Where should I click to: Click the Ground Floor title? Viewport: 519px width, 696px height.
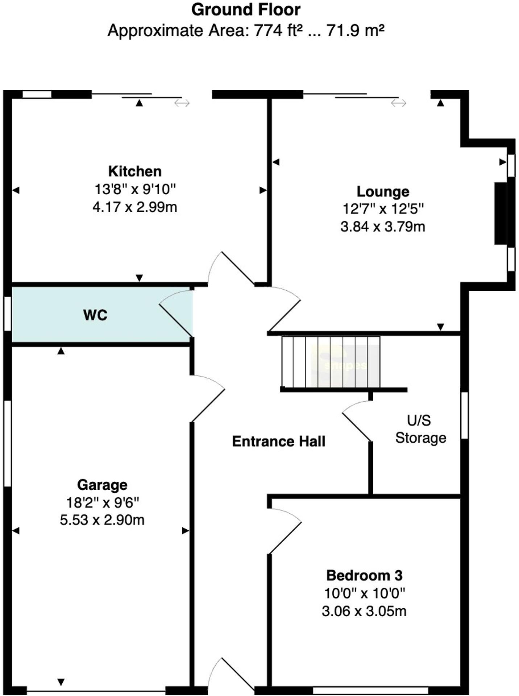click(x=246, y=10)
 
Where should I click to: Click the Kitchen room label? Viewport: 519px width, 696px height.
click(x=135, y=171)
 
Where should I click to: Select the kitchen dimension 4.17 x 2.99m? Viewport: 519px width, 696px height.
click(x=135, y=207)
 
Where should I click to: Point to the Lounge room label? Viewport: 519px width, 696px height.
click(x=383, y=191)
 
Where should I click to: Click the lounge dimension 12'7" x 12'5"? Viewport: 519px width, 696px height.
click(x=383, y=209)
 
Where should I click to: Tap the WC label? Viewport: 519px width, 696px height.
click(x=95, y=315)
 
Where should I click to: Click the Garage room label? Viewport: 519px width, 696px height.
click(x=102, y=485)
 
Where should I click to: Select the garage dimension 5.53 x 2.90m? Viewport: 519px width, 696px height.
click(x=102, y=520)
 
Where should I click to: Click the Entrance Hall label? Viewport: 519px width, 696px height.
click(x=278, y=442)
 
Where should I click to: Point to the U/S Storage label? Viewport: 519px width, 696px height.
click(x=420, y=429)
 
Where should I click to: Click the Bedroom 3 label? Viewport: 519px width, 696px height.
click(x=364, y=575)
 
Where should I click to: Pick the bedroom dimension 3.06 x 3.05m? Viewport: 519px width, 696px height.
click(x=364, y=611)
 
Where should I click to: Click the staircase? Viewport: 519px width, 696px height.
click(x=331, y=362)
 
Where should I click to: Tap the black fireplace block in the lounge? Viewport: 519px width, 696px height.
click(x=501, y=213)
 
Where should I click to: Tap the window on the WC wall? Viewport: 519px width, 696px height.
click(x=7, y=314)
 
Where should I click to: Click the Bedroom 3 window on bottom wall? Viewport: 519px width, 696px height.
click(x=370, y=690)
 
